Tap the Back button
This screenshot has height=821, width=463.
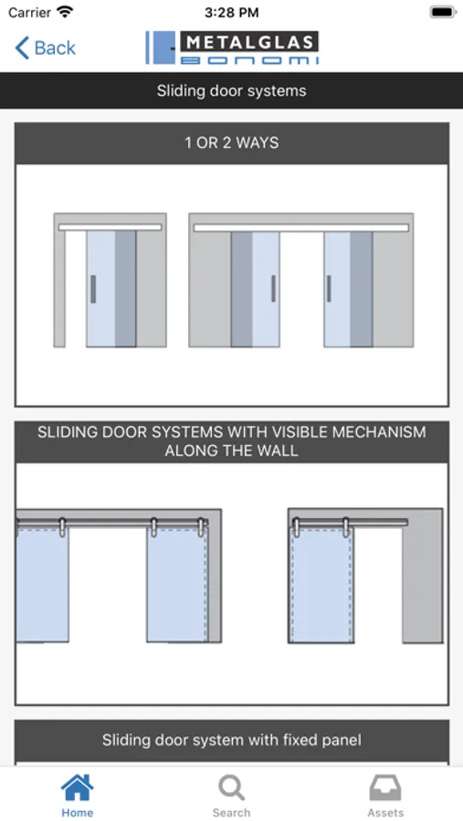(45, 47)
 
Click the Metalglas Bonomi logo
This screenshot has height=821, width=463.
(232, 47)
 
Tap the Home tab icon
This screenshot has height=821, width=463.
(77, 787)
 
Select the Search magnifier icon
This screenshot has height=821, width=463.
(231, 787)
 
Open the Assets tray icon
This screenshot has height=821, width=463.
(385, 787)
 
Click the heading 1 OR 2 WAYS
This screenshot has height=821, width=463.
(231, 143)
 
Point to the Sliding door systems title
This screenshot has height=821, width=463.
(231, 90)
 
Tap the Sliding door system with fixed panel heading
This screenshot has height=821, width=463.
(231, 740)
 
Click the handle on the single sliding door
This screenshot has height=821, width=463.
(93, 289)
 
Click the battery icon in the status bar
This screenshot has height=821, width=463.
(444, 12)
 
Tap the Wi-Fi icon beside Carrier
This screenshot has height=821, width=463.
(65, 12)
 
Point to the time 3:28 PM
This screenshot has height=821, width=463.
(231, 13)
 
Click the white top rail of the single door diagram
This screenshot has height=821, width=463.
(110, 227)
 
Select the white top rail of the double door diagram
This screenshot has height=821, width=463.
(301, 228)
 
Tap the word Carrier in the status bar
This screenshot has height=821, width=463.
(29, 12)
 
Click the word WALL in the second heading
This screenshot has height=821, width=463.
(279, 451)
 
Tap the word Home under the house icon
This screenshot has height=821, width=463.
(77, 813)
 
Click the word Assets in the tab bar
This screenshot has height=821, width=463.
(385, 813)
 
